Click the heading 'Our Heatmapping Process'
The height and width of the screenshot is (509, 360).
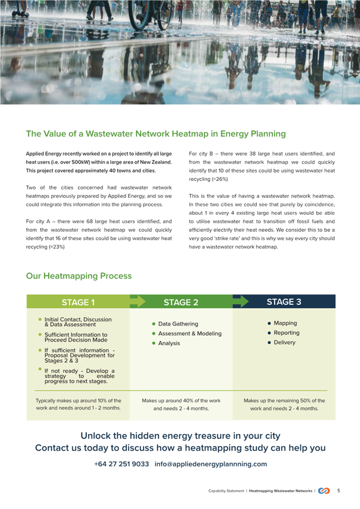pyautogui.click(x=78, y=276)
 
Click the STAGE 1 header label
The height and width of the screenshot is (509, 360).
pyautogui.click(x=78, y=302)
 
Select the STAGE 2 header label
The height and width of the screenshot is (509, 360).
pyautogui.click(x=181, y=302)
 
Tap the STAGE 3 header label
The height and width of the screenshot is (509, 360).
pyautogui.click(x=284, y=302)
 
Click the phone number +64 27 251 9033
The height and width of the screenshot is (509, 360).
pyautogui.click(x=122, y=464)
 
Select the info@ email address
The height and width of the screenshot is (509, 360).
pyautogui.click(x=211, y=464)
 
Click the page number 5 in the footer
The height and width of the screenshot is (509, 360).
pyautogui.click(x=339, y=491)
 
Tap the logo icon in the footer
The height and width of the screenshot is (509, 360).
pyautogui.click(x=324, y=491)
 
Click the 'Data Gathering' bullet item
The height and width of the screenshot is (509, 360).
pyautogui.click(x=178, y=324)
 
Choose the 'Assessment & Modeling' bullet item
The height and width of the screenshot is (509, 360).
pyautogui.click(x=189, y=334)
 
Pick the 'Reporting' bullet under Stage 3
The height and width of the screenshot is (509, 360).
pyautogui.click(x=286, y=333)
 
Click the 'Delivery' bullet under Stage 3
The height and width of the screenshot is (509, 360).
pyautogui.click(x=284, y=342)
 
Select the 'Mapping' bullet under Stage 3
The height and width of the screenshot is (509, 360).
pyautogui.click(x=285, y=323)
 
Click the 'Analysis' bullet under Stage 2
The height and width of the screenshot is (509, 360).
pyautogui.click(x=169, y=343)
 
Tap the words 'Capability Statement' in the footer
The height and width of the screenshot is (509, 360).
pyautogui.click(x=226, y=491)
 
